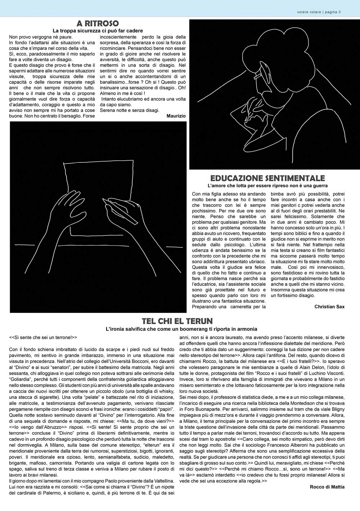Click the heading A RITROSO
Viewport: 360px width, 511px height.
click(98, 24)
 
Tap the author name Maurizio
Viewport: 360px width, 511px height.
click(176, 116)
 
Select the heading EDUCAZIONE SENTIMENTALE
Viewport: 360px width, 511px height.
click(267, 178)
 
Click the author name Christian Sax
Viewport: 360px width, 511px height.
click(329, 307)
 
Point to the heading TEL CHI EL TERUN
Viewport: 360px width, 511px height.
click(177, 321)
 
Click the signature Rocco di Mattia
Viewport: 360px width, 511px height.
click(327, 487)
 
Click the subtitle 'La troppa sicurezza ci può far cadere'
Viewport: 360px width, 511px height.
click(98, 31)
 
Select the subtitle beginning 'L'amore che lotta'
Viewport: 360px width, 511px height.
click(267, 186)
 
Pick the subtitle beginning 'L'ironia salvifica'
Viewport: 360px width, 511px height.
click(181, 329)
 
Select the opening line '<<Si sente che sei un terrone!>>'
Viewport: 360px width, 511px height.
click(43, 338)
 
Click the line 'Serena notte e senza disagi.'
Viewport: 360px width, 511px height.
click(129, 110)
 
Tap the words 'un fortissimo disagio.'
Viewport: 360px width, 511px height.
click(293, 296)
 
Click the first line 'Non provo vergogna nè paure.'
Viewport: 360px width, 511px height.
click(41, 37)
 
